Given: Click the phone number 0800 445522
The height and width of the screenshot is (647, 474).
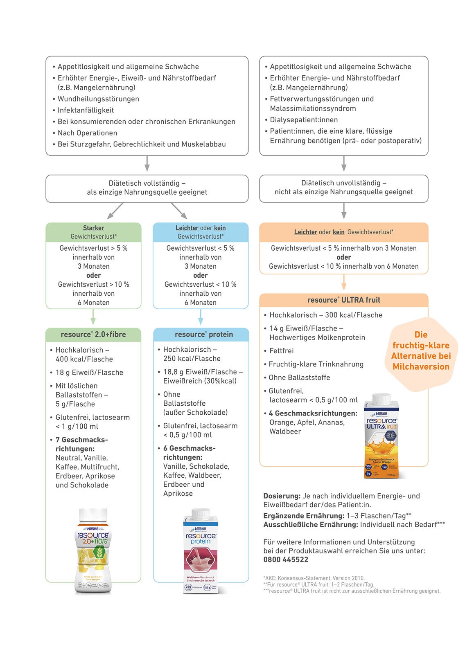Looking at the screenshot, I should click(286, 559).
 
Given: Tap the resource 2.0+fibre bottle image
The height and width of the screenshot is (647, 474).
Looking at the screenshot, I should click(93, 550).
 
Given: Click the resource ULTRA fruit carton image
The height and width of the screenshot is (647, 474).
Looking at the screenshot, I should click(381, 436).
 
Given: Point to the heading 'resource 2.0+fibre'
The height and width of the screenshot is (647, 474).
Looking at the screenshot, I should click(93, 335).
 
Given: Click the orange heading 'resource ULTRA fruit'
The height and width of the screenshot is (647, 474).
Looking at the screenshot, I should click(344, 300).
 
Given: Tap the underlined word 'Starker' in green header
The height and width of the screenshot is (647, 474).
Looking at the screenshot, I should click(93, 228).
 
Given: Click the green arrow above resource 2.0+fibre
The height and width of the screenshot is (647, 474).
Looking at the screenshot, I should click(93, 317).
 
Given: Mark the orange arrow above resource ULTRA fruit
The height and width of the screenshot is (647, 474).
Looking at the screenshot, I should click(344, 282).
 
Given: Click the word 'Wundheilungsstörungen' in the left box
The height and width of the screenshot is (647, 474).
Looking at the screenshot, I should click(98, 99).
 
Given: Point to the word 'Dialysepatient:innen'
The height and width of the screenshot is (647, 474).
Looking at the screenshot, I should click(304, 120).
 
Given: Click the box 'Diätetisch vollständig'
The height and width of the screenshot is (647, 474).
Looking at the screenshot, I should click(147, 188).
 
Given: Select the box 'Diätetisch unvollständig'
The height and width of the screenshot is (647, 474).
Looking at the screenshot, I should click(344, 188).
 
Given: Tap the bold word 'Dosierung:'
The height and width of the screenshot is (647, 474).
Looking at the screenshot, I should click(282, 496).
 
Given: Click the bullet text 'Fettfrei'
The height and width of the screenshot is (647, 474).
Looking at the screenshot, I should click(281, 351).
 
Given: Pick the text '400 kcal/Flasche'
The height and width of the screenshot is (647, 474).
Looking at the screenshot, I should click(84, 359).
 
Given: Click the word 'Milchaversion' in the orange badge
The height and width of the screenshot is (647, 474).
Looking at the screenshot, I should click(421, 367).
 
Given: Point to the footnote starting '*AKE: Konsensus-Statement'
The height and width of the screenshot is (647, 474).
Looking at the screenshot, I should click(314, 578).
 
